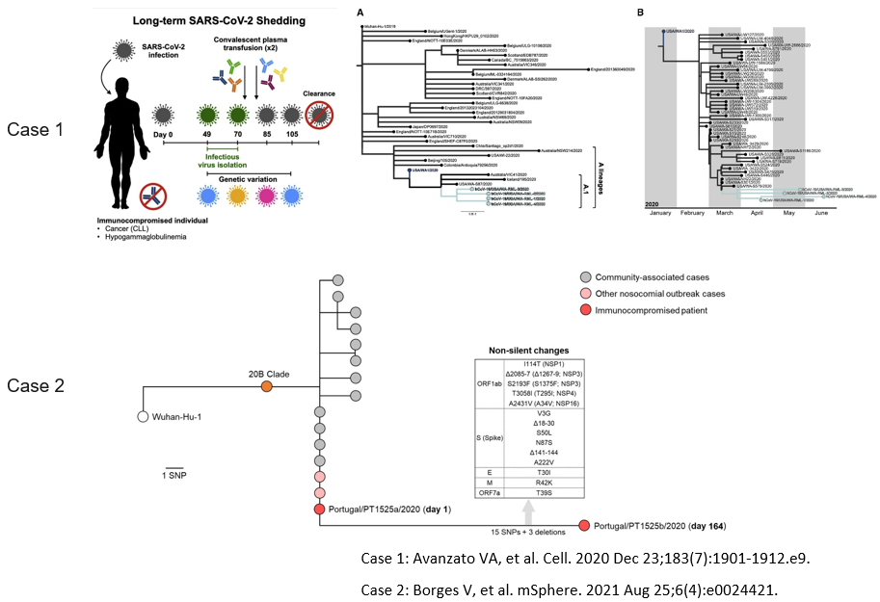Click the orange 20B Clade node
269,386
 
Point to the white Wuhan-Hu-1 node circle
143,417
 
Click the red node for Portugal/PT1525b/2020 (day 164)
583,525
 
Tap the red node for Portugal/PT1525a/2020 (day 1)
319,510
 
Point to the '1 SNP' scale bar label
174,477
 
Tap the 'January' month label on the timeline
660,217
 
